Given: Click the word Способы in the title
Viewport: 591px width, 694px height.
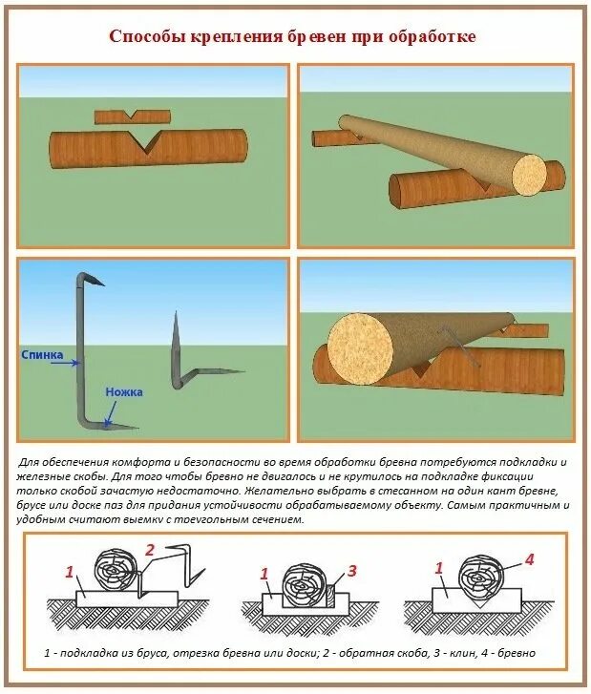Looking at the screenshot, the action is pyautogui.click(x=141, y=37).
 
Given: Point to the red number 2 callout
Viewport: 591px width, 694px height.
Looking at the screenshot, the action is pyautogui.click(x=149, y=550).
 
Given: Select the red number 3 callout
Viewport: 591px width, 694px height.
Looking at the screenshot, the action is pyautogui.click(x=351, y=571).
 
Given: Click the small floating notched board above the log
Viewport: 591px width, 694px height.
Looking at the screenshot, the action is pyautogui.click(x=133, y=116).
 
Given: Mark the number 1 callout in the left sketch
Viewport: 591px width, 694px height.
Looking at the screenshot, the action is pyautogui.click(x=69, y=572).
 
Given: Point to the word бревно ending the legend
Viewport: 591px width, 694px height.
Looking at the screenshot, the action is pyautogui.click(x=517, y=653).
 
